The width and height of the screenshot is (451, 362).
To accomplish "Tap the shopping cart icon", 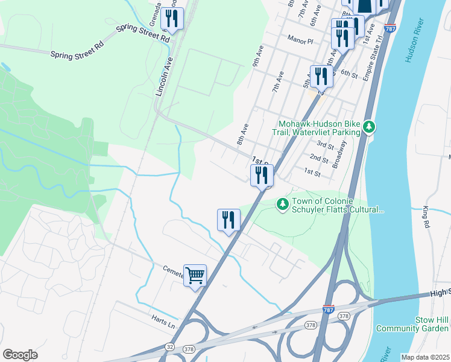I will (195, 276).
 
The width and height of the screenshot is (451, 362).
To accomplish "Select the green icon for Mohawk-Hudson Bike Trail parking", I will (369, 127).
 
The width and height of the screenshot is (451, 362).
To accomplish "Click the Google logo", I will (20, 354).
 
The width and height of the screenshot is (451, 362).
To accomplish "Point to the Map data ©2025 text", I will (424, 357).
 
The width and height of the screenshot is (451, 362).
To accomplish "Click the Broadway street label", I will (341, 156).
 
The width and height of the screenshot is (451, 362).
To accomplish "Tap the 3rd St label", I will (325, 145).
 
